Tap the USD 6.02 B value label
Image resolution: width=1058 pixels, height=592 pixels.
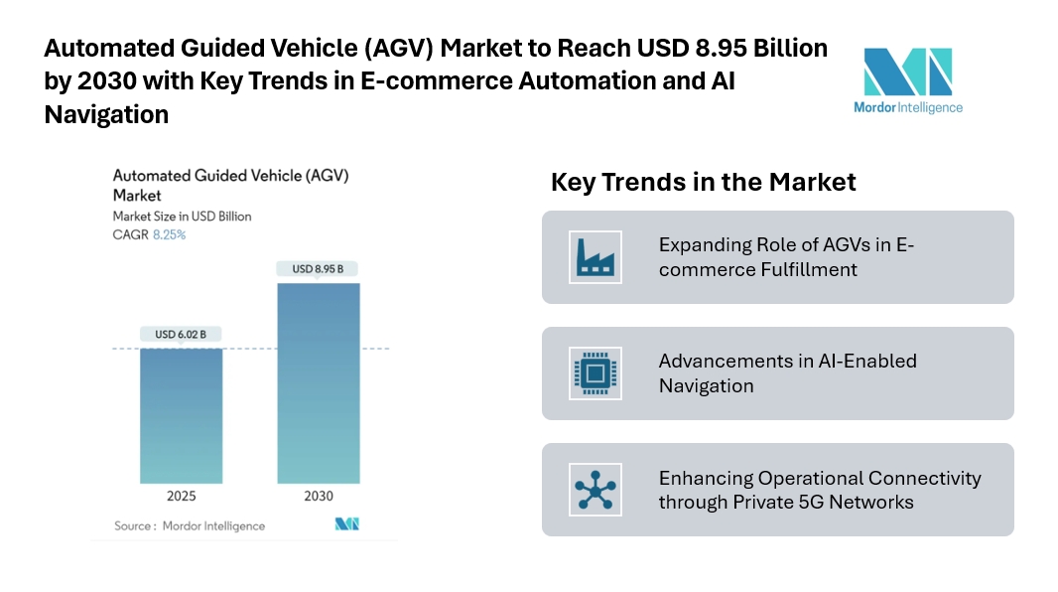pyautogui.click(x=181, y=335)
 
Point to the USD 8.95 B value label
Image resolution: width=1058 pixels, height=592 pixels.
pyautogui.click(x=318, y=269)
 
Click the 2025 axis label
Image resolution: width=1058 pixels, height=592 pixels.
pyautogui.click(x=181, y=497)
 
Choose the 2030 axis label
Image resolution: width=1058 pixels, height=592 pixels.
pyautogui.click(x=318, y=497)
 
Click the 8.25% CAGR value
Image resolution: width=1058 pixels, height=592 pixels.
pyautogui.click(x=169, y=235)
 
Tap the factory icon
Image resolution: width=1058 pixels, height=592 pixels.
pyautogui.click(x=595, y=256)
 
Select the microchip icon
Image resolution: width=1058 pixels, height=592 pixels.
pyautogui.click(x=595, y=373)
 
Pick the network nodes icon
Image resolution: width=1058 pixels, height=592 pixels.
pyautogui.click(x=595, y=490)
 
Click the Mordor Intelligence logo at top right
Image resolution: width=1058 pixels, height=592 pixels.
pyautogui.click(x=908, y=79)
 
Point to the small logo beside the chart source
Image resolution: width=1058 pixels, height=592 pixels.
pyautogui.click(x=346, y=524)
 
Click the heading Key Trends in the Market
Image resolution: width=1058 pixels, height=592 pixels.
pyautogui.click(x=703, y=183)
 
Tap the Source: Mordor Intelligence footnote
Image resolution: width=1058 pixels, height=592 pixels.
pyautogui.click(x=190, y=525)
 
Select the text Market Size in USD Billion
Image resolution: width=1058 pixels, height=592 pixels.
pyautogui.click(x=182, y=217)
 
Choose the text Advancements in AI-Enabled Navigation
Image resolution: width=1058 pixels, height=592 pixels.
pyautogui.click(x=787, y=373)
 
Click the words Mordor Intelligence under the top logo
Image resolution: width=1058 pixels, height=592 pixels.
pyautogui.click(x=908, y=107)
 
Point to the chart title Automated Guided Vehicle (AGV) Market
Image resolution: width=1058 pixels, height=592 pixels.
pyautogui.click(x=230, y=186)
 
